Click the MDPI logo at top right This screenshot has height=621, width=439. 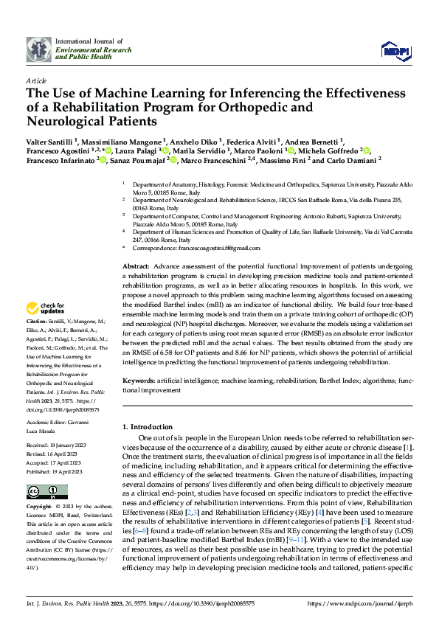(394, 49)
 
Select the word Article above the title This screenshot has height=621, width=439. (35, 80)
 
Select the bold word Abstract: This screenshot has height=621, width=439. (136, 265)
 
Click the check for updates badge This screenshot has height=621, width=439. (46, 308)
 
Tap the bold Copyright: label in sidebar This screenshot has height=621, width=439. (39, 507)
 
